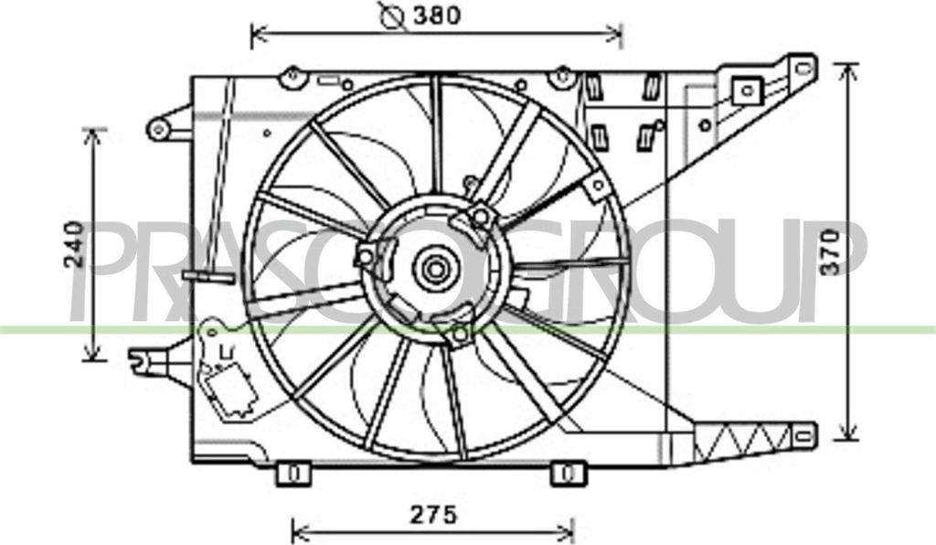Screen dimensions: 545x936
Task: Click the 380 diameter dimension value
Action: tap(435, 16)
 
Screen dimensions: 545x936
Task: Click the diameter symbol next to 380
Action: tap(392, 16)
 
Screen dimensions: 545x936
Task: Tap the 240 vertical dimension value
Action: tap(76, 244)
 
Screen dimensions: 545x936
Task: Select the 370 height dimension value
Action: tap(828, 250)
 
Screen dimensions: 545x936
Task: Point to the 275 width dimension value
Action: tap(431, 515)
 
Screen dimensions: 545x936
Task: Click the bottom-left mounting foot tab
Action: tap(293, 474)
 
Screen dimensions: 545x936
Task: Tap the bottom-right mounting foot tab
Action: tap(566, 474)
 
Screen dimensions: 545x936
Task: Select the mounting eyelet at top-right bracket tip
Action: tap(803, 66)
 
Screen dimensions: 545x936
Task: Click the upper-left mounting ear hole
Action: tap(159, 129)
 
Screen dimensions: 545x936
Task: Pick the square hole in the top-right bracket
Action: tap(747, 91)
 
